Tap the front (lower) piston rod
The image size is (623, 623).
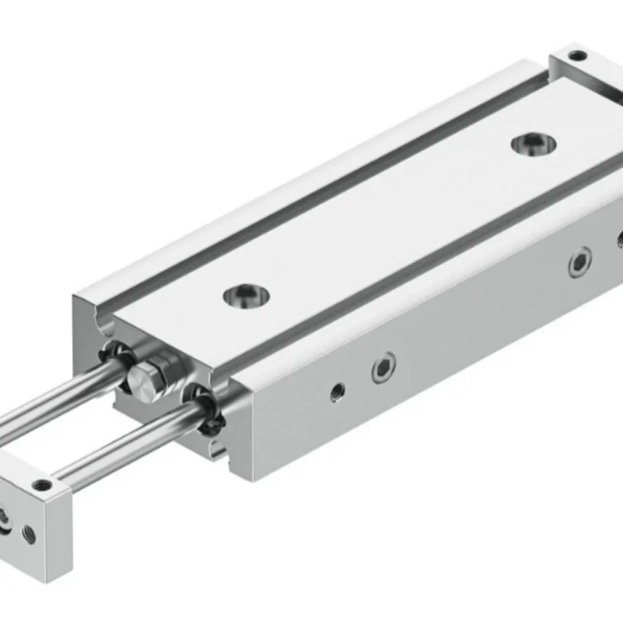[x=117, y=442]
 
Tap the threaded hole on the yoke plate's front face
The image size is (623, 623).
[x=30, y=533]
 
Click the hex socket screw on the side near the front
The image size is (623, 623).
[x=383, y=367]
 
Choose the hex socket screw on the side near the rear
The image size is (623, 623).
[x=579, y=262]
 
